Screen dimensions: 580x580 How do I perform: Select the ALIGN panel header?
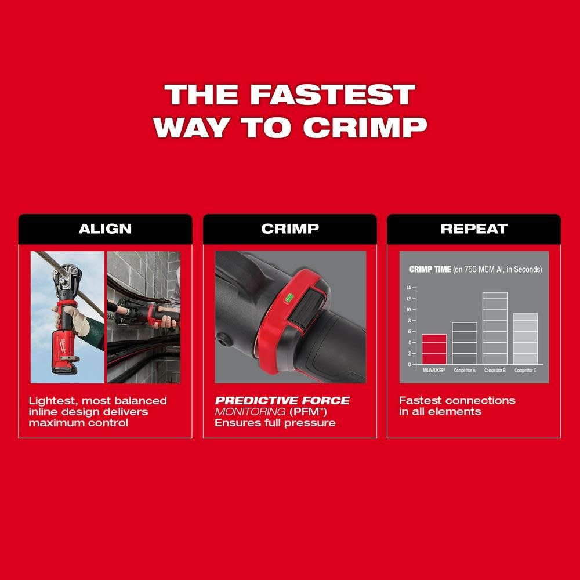coord(105,229)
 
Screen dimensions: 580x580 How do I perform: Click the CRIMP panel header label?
coord(289,229)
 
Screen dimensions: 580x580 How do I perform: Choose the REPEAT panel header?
coord(474,229)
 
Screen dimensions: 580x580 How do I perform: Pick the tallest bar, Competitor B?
coord(495,328)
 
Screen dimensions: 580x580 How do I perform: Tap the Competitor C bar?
coord(525,339)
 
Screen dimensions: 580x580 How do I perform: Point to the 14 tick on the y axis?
coord(408,288)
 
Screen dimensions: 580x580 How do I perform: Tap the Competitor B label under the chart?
coord(495,370)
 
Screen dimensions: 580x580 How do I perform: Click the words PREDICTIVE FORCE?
coord(282,401)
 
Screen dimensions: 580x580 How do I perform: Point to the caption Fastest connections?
coord(457,401)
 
